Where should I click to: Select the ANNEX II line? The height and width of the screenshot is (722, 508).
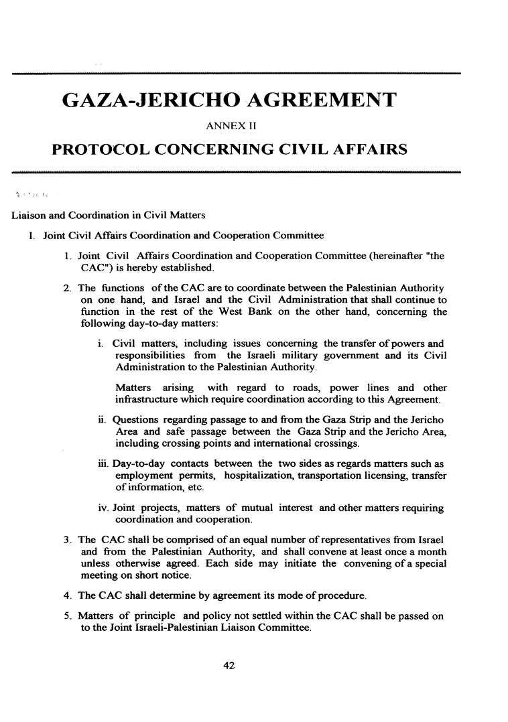tap(230, 125)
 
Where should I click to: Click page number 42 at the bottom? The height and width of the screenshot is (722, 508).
tap(230, 665)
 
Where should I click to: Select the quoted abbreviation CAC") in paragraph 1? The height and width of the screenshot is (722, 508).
tap(98, 269)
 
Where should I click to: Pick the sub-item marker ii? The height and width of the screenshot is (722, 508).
tap(101, 420)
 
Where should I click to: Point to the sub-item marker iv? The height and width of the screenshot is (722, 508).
tap(102, 508)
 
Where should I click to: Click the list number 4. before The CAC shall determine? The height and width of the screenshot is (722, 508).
tap(68, 595)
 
